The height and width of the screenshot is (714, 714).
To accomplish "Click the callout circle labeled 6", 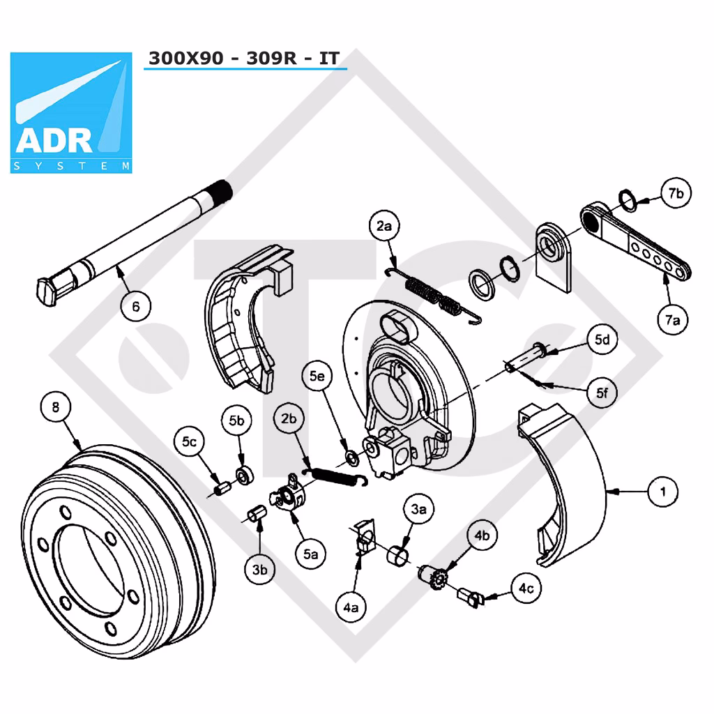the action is pyautogui.click(x=136, y=307).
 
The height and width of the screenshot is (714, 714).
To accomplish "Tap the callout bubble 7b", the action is pyautogui.click(x=676, y=193).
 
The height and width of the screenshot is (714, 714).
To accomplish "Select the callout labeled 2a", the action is pyautogui.click(x=384, y=226).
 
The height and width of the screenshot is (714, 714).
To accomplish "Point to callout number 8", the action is pyautogui.click(x=56, y=407).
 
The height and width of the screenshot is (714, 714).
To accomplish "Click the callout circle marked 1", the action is pyautogui.click(x=662, y=492).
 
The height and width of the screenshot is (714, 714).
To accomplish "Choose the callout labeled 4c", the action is pyautogui.click(x=526, y=588).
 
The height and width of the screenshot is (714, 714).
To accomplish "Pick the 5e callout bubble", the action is pyautogui.click(x=317, y=376).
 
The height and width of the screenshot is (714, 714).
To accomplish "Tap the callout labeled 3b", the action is pyautogui.click(x=259, y=569).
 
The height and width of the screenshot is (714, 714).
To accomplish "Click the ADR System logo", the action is pyautogui.click(x=71, y=112).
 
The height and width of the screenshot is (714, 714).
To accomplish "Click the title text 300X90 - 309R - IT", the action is pyautogui.click(x=244, y=59).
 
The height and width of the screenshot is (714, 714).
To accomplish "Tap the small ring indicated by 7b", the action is pyautogui.click(x=628, y=200).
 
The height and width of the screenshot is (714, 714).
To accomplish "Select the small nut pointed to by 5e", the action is pyautogui.click(x=352, y=457).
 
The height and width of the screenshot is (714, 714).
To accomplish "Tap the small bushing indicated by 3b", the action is pyautogui.click(x=257, y=514).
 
